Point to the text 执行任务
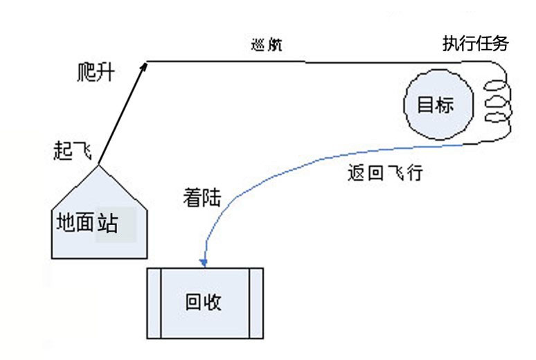476,44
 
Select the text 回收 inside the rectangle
204,302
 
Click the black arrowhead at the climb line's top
145,64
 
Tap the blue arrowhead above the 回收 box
204,262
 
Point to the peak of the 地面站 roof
100,165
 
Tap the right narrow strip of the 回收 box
256,302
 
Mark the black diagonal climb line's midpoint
123,114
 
